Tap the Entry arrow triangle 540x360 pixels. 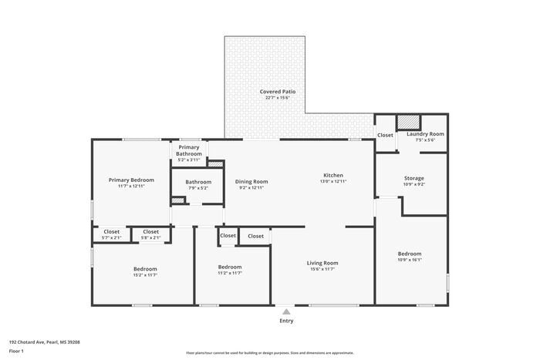pos(286,311)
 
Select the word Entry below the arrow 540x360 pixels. pos(286,321)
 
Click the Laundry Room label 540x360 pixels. pos(425,134)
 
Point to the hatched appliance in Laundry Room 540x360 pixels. pos(409,122)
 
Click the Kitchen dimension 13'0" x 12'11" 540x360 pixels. pos(333,181)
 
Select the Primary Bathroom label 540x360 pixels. pos(189,150)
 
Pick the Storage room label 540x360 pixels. pos(415,177)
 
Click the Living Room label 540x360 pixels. pos(324,263)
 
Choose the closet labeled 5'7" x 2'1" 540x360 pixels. pos(112,237)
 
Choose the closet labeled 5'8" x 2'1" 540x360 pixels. pos(150,237)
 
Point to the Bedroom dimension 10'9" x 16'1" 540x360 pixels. pos(410,260)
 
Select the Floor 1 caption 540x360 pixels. pos(16,352)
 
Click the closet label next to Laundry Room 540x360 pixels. pos(385,136)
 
